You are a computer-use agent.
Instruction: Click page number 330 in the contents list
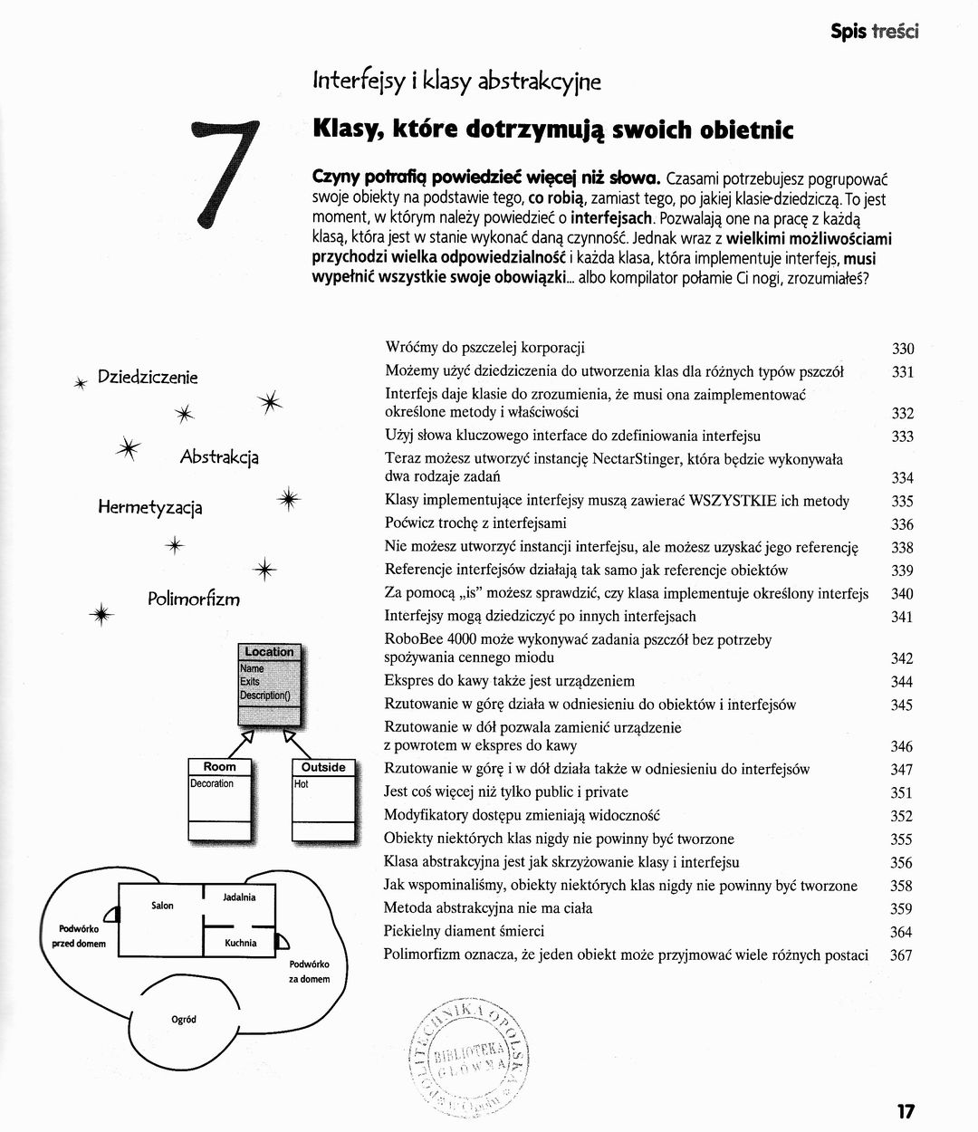click(x=903, y=349)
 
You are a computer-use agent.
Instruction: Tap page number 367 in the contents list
click(x=901, y=955)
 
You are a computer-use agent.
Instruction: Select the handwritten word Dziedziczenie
click(x=148, y=377)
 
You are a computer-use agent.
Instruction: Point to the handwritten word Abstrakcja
click(x=219, y=456)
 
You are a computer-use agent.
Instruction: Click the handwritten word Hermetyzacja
click(x=150, y=507)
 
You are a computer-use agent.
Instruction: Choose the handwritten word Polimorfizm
click(x=194, y=600)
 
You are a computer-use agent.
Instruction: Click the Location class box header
click(x=269, y=651)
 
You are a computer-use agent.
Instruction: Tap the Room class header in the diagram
click(x=220, y=767)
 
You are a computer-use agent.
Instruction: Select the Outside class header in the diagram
click(x=323, y=767)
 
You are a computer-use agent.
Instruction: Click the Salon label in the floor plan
click(x=162, y=906)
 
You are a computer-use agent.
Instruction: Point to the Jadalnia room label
click(x=239, y=897)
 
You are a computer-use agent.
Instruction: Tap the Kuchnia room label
click(x=241, y=943)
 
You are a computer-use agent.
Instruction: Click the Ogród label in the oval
click(x=184, y=1020)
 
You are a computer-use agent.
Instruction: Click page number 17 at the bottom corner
click(x=906, y=1111)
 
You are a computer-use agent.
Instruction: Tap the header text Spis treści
click(x=874, y=32)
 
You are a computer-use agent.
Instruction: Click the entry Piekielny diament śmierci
click(x=464, y=931)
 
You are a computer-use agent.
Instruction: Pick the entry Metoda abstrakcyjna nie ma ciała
click(x=488, y=907)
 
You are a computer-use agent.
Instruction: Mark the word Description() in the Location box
click(x=265, y=696)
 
